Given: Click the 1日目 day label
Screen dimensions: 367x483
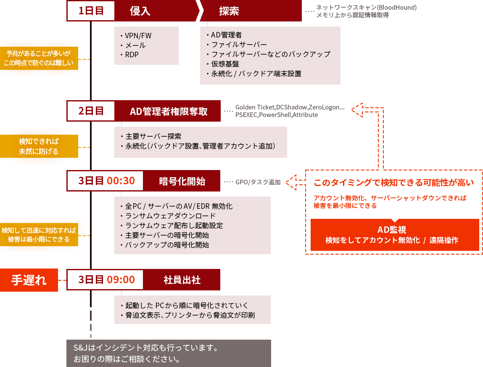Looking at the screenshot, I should [91, 11].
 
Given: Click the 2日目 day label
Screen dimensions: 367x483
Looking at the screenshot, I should [91, 111].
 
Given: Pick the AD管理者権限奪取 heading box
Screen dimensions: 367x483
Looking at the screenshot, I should [169, 111].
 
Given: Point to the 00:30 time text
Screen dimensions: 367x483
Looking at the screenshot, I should [121, 181].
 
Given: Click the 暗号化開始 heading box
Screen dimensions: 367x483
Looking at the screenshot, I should [182, 181].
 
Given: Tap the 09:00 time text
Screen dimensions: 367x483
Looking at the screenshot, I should [121, 280].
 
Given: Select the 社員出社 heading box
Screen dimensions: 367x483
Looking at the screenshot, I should [182, 280].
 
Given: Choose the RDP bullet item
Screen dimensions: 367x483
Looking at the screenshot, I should [132, 55].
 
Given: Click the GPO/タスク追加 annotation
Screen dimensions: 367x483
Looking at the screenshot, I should [258, 182].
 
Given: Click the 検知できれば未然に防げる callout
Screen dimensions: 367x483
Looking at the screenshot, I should [39, 146].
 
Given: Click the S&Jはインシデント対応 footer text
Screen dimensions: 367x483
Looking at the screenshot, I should [145, 348].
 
